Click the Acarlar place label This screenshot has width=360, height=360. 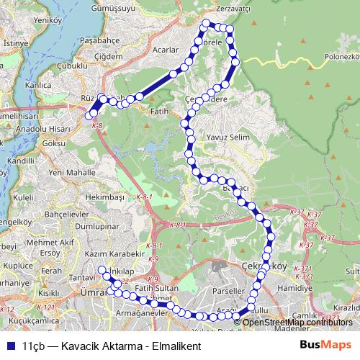[x=165, y=50]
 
